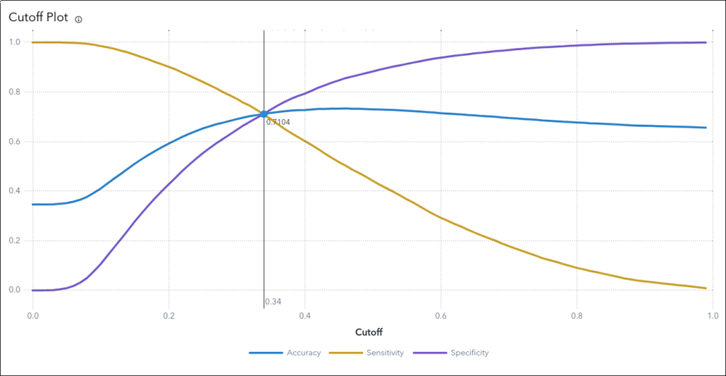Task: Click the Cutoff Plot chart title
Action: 38,17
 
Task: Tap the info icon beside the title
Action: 78,20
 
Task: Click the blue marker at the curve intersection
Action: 264,114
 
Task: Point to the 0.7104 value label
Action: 278,123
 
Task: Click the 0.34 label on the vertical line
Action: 273,301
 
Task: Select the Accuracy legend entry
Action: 285,353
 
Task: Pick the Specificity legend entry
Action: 451,353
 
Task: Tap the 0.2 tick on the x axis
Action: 169,316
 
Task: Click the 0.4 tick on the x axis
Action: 304,316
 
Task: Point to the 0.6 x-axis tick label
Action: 440,316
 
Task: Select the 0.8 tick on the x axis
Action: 576,316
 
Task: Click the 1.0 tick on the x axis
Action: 712,316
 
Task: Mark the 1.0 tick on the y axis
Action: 15,42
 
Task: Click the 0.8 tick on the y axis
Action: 15,92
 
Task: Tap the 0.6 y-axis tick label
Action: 15,142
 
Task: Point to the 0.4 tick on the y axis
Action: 15,191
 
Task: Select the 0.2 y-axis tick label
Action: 15,241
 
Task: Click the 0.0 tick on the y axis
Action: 15,290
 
